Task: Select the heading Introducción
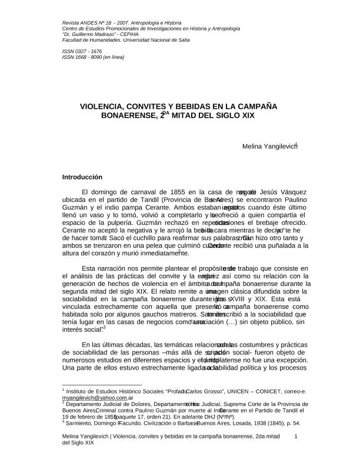click(82, 177)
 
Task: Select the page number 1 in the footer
click(296, 436)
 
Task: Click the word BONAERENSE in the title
click(129, 116)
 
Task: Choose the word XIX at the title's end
click(248, 116)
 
